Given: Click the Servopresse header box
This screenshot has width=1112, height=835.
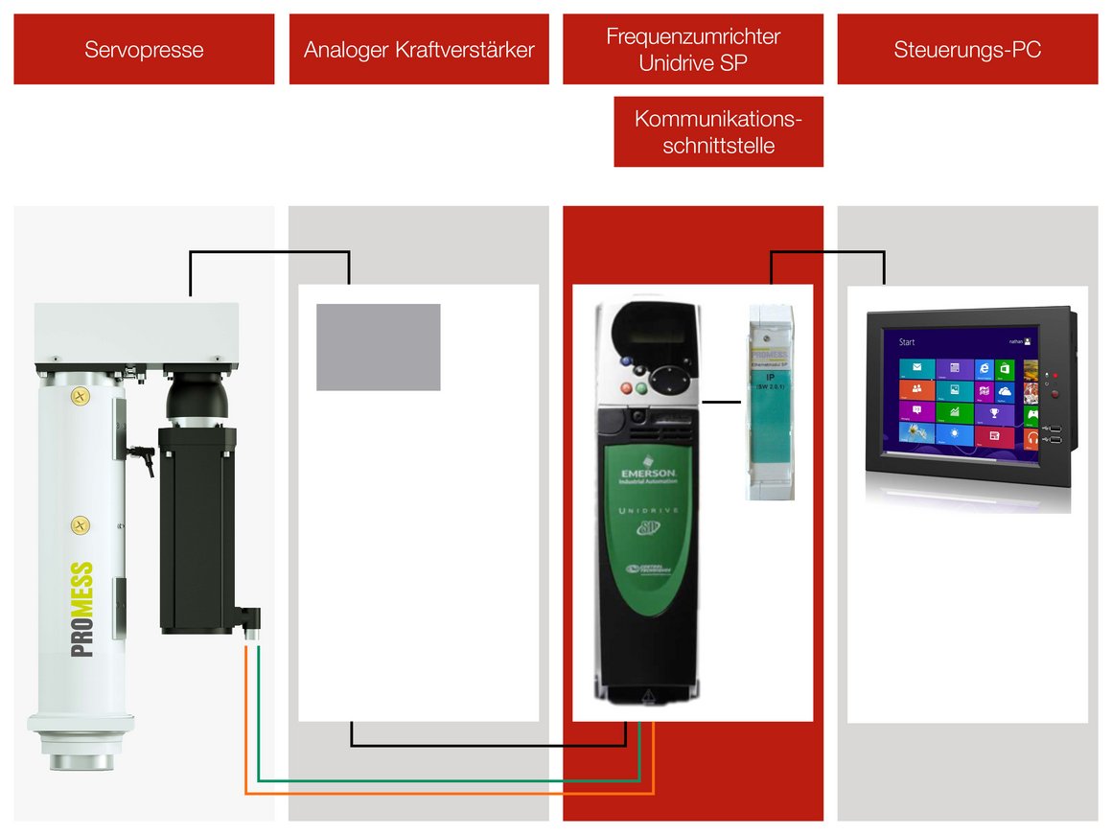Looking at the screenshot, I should click(144, 49).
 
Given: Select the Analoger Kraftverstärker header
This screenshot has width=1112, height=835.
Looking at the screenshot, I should click(419, 49).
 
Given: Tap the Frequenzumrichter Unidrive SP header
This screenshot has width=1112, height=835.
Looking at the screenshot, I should click(693, 49).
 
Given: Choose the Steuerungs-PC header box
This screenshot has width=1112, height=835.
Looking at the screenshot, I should click(967, 49).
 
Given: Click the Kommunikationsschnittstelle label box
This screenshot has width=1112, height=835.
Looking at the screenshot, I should click(718, 132).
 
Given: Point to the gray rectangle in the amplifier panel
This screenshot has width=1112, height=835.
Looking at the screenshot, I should click(379, 347).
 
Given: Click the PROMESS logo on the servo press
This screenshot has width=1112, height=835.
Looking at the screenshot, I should click(82, 609).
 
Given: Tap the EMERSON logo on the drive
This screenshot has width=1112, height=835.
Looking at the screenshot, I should click(649, 476).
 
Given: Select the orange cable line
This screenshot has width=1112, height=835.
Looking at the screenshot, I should click(451, 793).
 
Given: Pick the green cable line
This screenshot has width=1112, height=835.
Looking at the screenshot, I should click(451, 780).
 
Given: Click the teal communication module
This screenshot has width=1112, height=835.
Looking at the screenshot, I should click(771, 403).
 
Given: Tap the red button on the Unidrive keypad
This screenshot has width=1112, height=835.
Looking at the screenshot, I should click(627, 389).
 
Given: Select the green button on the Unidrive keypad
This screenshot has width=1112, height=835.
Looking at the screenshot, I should click(641, 389).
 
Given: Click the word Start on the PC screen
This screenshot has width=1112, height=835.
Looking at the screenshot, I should click(906, 342).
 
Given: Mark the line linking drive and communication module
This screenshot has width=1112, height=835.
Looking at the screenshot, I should click(722, 402).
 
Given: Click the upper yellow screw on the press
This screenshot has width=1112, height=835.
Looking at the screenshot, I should click(81, 394).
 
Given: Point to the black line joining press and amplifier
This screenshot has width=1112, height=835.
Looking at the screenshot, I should click(269, 253).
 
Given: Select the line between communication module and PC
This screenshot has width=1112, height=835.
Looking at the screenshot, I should click(827, 253).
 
